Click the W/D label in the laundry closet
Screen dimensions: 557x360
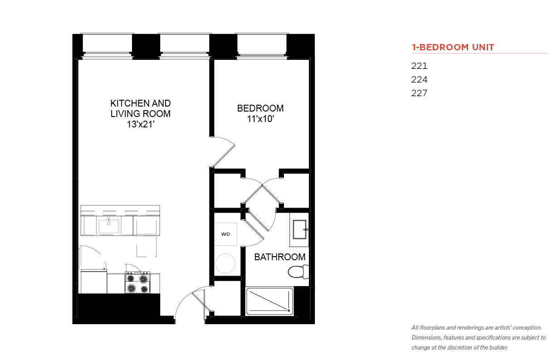point(225,234)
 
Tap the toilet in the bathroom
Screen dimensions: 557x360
point(298,272)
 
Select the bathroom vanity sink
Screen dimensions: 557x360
point(299,229)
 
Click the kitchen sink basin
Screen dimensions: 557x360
point(109,226)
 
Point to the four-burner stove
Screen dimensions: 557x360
point(137,282)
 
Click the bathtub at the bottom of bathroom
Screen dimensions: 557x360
point(269,302)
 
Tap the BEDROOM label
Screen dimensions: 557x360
point(260,108)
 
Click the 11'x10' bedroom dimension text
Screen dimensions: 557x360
point(260,119)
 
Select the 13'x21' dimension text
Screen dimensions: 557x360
point(141,124)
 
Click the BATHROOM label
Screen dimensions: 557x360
point(280,257)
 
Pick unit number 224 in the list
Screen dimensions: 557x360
point(419,79)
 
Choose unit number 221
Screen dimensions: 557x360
point(419,66)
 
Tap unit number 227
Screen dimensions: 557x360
point(419,93)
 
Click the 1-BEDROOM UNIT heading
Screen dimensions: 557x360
point(453,47)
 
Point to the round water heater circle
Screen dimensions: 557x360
point(225,263)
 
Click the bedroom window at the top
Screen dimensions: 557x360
point(262,46)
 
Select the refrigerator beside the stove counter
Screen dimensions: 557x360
point(94,281)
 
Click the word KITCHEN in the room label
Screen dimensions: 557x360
point(127,103)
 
